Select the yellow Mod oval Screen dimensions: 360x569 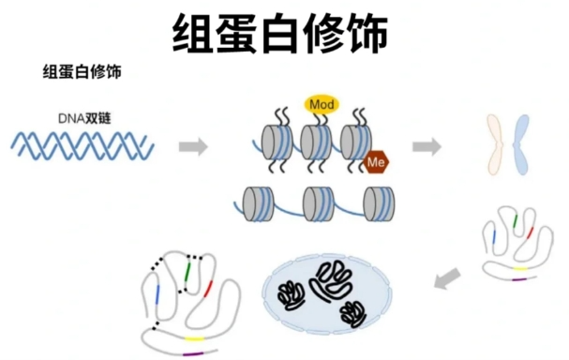322,103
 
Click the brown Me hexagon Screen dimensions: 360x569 377,162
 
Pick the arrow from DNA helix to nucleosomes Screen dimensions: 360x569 193,146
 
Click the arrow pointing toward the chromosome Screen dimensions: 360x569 427,145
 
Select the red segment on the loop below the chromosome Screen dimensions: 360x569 530,231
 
